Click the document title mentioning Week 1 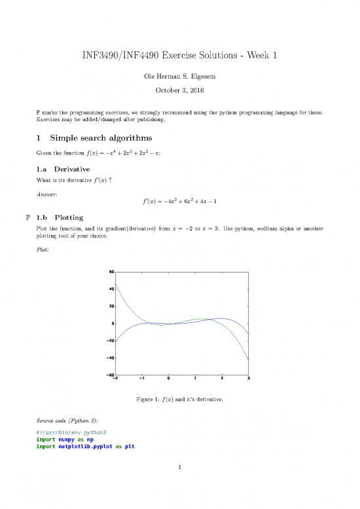coord(179,56)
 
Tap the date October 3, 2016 coord(179,94)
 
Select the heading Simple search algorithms coord(99,138)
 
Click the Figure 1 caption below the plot coord(179,399)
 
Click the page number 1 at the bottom coord(179,485)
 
